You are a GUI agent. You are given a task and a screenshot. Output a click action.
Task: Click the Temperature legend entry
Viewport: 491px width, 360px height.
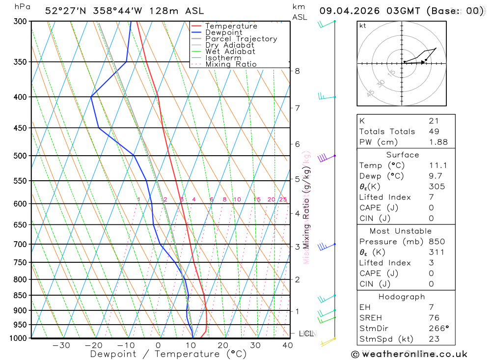231,26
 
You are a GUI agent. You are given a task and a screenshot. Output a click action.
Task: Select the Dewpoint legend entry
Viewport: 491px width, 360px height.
223,32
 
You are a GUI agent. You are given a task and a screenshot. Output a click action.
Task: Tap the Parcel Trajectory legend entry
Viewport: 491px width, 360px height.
241,39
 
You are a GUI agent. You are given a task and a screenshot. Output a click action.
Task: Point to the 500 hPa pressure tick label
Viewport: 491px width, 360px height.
19,156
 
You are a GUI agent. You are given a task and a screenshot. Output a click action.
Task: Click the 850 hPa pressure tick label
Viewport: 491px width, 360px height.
19,295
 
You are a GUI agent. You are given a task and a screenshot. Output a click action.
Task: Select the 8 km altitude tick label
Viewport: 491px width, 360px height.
297,71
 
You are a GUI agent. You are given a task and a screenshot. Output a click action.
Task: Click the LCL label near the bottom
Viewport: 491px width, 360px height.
306,333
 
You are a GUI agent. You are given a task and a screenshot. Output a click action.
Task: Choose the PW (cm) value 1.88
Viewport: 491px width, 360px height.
438,142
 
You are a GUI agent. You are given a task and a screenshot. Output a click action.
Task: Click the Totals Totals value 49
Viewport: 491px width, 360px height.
434,131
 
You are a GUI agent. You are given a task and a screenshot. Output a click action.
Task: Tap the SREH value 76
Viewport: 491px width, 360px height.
434,318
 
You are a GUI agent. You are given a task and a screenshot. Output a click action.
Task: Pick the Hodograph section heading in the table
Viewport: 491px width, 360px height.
402,297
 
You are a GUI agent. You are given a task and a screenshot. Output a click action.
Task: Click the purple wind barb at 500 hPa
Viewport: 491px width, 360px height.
323,158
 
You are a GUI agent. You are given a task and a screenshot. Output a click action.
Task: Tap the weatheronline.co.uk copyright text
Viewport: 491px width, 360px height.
409,354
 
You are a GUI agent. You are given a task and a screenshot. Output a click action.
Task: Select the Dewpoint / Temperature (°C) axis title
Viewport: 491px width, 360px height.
168,354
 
